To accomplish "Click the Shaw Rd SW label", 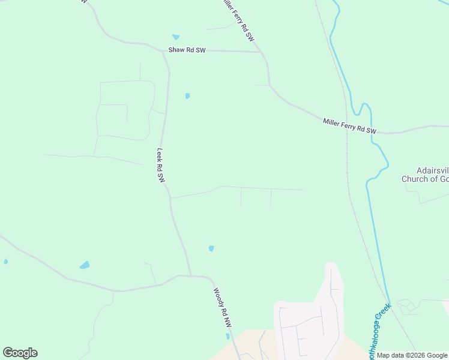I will point(187,50).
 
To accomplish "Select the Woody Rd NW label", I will point(222,307).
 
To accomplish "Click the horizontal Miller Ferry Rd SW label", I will point(349,126).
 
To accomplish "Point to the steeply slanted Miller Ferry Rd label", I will point(238,20).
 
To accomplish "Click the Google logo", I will point(20,353).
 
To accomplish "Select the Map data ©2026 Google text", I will point(412,355).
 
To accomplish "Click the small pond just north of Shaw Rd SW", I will point(176,37).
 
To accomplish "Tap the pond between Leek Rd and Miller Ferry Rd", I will point(188,95).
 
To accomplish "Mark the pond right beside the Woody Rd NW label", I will point(228,337).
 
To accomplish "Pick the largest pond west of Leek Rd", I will point(85,265).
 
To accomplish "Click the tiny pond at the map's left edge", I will point(6,262).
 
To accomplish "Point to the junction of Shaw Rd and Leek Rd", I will point(163,52).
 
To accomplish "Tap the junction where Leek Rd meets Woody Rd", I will point(191,277).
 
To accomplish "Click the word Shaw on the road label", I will point(178,50).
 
